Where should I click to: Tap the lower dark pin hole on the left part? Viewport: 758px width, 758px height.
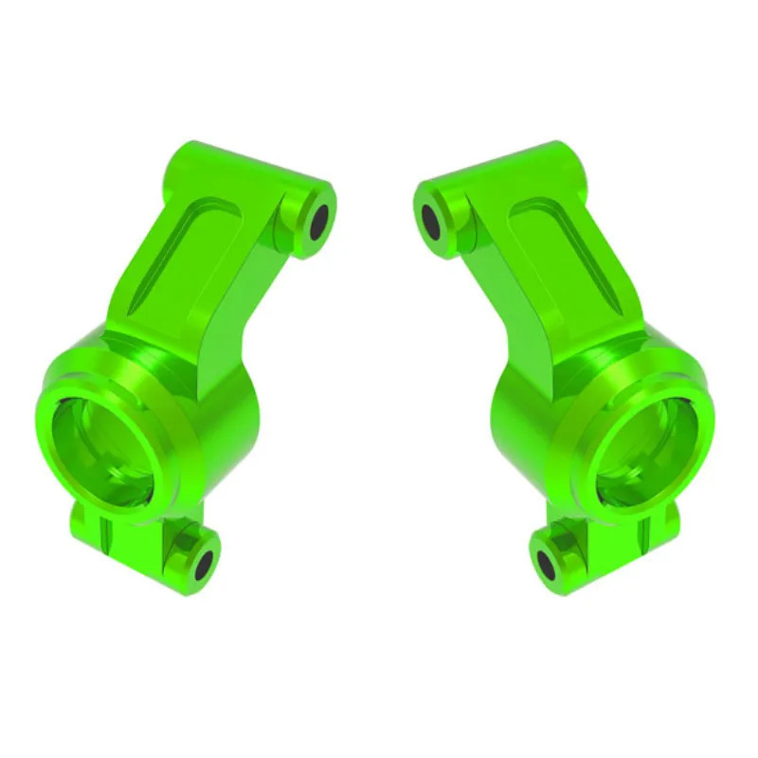coord(203,563)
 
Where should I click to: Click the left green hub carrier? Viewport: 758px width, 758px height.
coord(180,379)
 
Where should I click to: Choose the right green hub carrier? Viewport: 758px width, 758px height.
coord(578,379)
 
